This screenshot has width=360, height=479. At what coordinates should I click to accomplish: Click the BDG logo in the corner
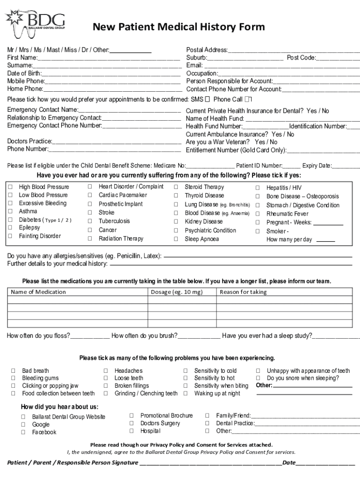coord(35,22)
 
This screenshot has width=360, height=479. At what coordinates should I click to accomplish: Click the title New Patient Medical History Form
coord(179,27)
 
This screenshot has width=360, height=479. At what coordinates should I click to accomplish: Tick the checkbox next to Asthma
coord(10,211)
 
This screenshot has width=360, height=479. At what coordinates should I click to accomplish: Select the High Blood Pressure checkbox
coord(10,187)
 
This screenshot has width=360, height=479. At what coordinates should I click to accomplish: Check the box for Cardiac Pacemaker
coord(90,195)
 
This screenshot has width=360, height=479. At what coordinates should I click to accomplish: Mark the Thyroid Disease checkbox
coord(176,196)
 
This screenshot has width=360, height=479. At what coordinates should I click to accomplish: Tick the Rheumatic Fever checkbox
coord(257,214)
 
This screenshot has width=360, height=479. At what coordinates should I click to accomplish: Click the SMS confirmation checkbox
coord(207,99)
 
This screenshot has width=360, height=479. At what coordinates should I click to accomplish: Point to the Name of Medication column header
coord(38,292)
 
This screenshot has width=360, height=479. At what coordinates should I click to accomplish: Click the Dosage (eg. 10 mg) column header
coord(177,292)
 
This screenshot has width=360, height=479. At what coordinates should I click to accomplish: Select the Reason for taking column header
coord(243,292)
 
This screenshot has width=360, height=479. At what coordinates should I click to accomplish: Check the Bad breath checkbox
coord(13,371)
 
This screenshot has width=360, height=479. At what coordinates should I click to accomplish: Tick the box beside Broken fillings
coord(106,386)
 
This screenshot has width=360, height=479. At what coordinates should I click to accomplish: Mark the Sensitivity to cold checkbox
coord(186,371)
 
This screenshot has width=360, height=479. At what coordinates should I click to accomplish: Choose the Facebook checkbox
coord(23,432)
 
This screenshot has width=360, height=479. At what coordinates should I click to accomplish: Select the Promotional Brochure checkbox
coord(131,415)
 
